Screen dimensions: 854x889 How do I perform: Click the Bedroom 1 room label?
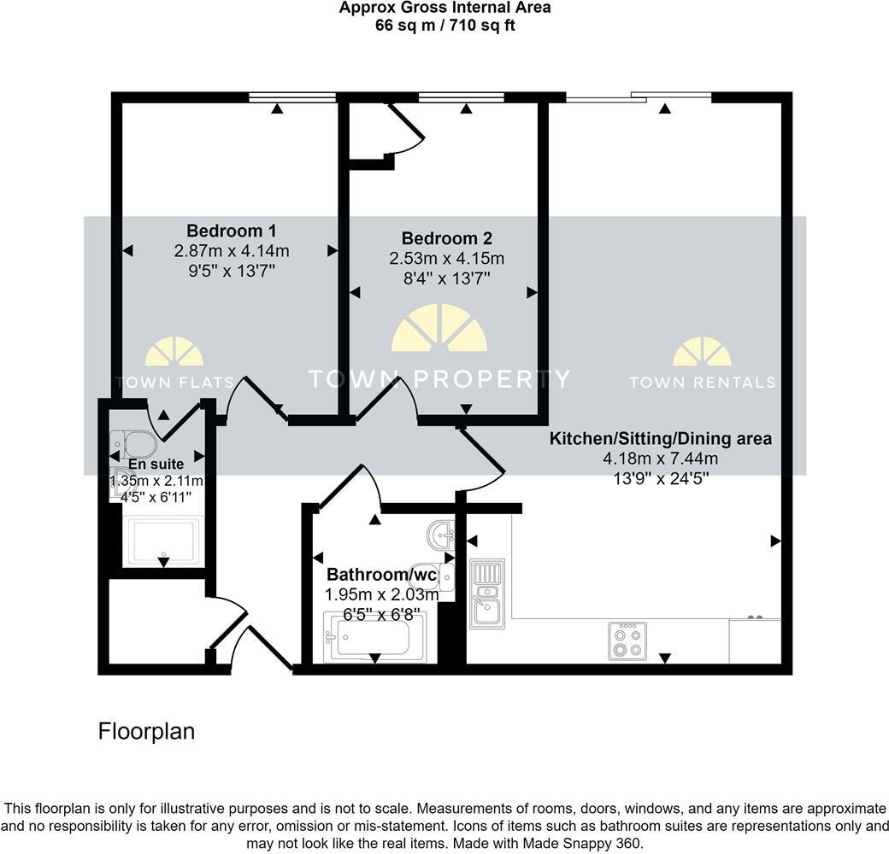pos(231,231)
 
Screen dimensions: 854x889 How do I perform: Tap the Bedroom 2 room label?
pos(447,238)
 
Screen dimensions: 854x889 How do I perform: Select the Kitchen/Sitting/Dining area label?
pos(660,439)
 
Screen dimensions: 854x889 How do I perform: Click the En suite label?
pos(156,465)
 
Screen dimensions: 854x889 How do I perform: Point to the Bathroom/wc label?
pos(381,575)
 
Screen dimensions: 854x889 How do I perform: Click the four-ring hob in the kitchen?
pos(627,640)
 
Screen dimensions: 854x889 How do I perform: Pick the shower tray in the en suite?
pos(163,541)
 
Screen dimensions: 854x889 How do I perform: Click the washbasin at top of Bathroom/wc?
pos(442,536)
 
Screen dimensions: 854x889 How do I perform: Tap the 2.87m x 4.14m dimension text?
pos(231,251)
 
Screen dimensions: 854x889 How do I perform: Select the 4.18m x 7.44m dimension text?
pos(660,459)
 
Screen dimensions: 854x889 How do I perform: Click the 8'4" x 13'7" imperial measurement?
pos(447,279)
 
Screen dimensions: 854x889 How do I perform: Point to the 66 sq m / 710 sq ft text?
pos(444,26)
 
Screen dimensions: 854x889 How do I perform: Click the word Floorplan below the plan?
pos(146,732)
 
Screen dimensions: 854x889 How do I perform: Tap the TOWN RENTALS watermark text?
pos(702,383)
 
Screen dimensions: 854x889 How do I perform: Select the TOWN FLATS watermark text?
pos(174,383)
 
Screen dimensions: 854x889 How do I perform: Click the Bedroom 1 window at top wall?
pos(292,98)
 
